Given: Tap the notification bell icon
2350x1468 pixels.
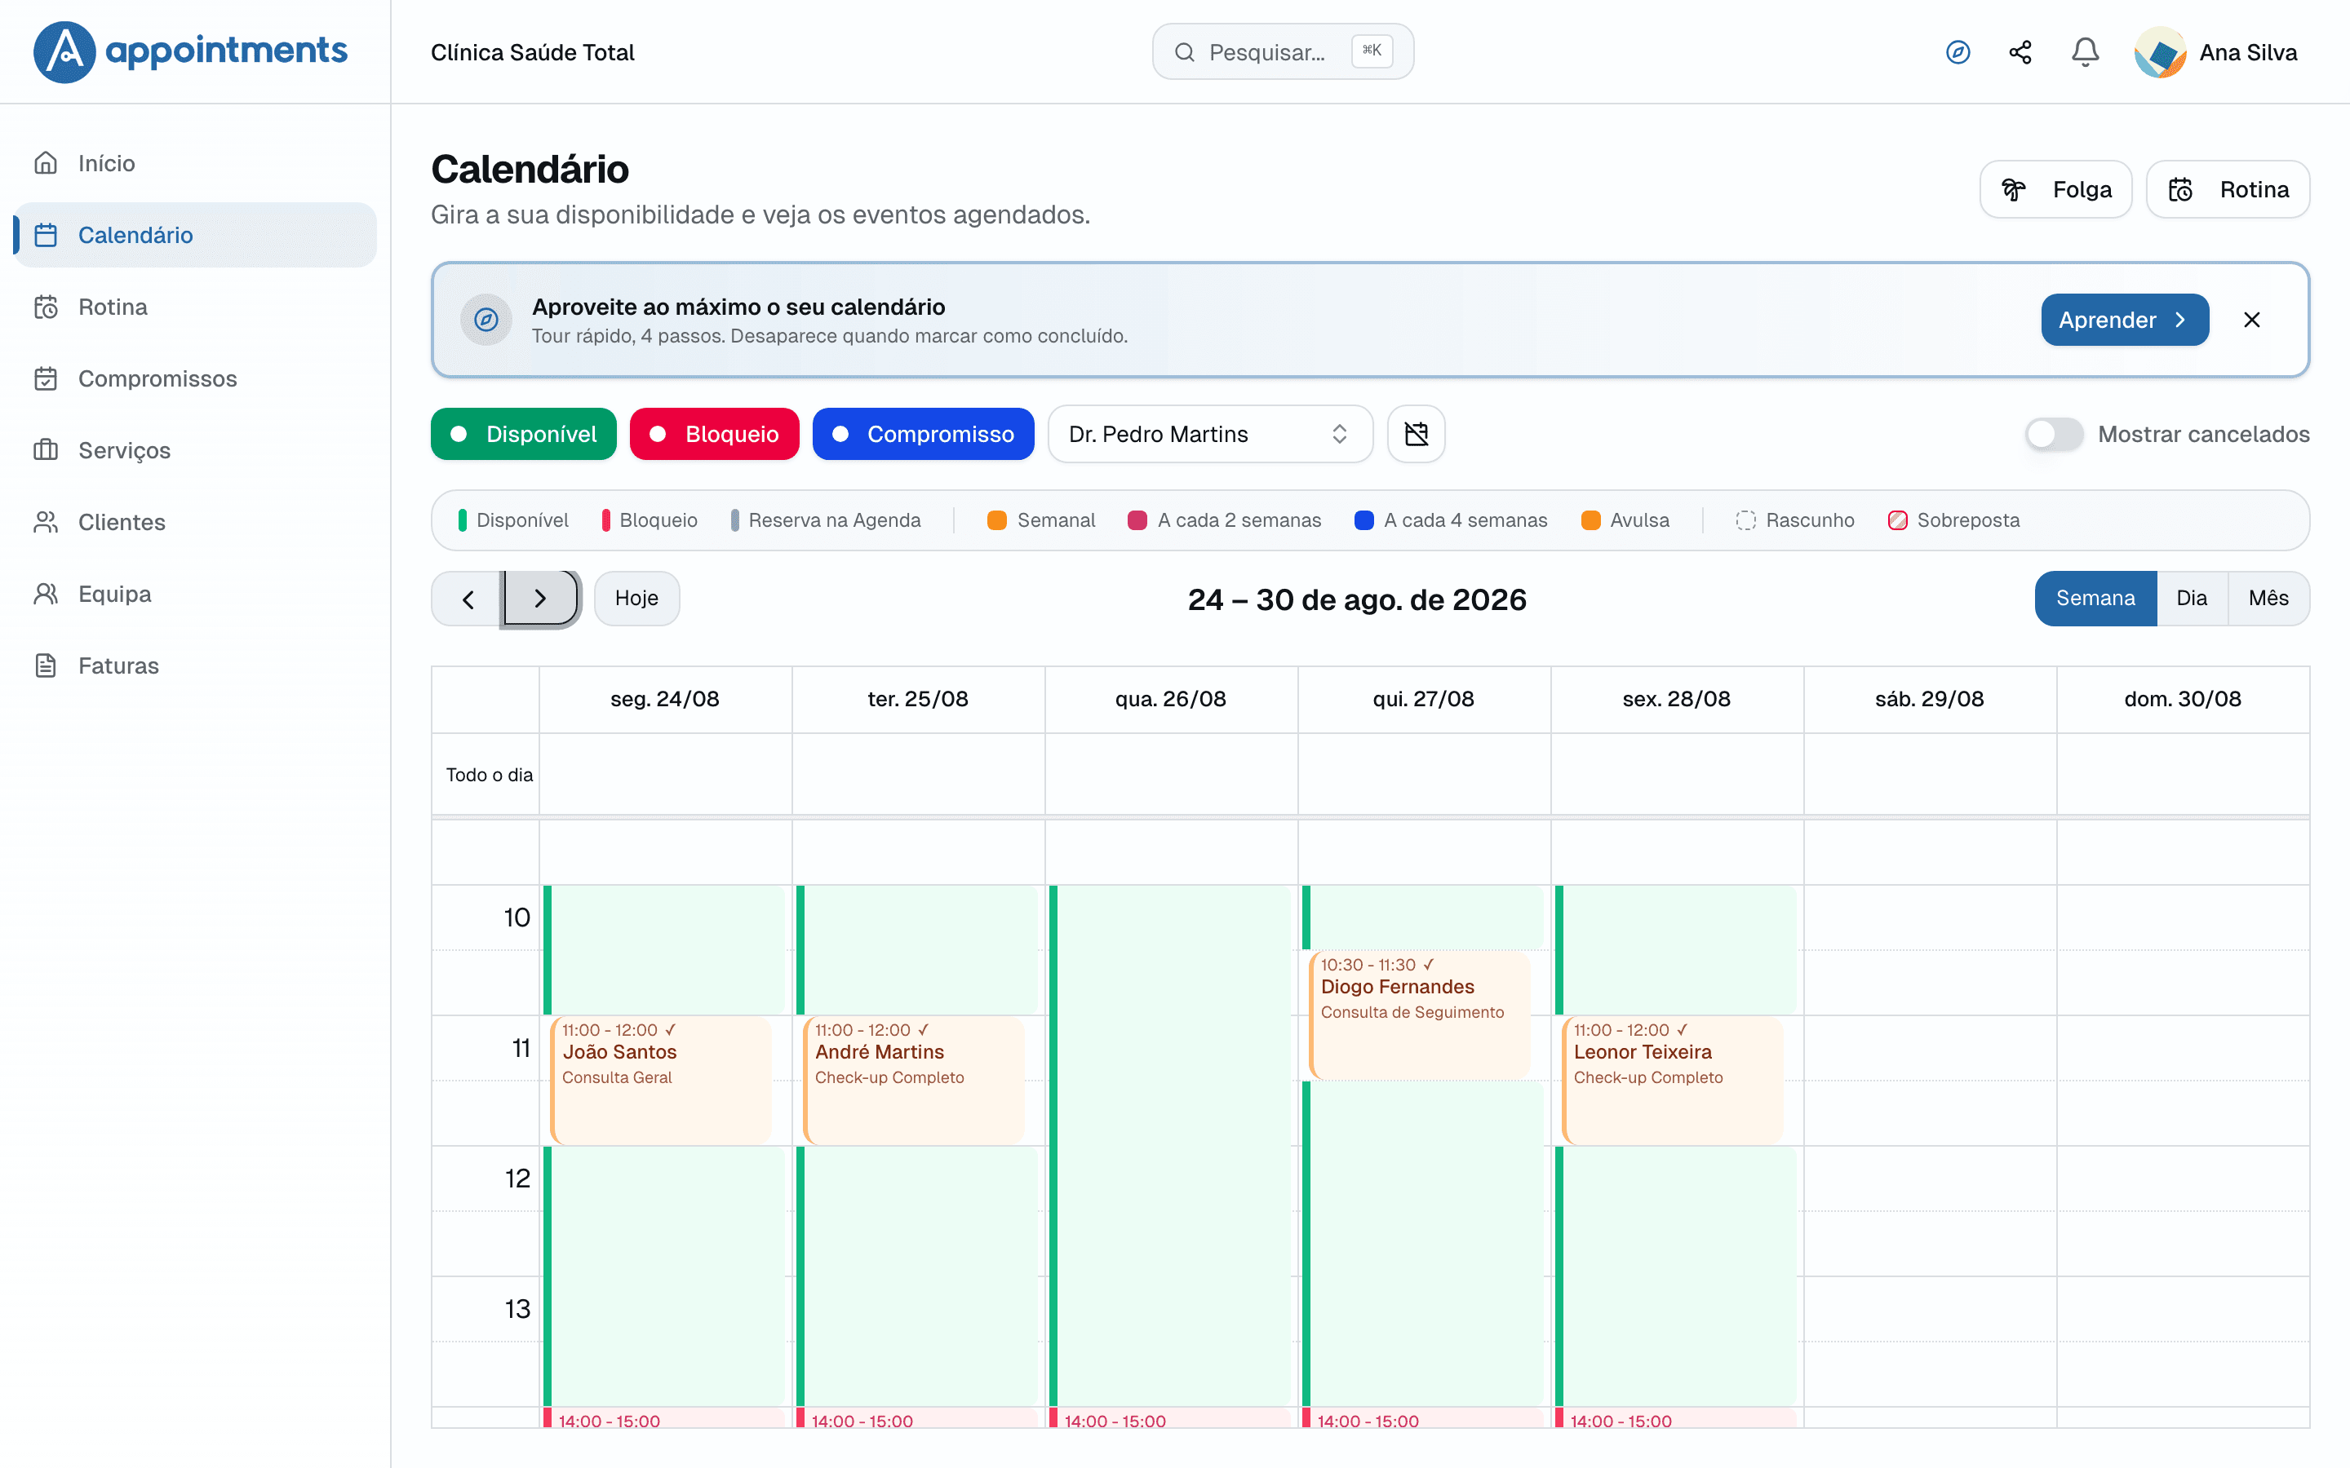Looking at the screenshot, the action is (2085, 51).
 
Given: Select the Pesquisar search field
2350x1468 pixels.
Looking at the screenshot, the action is (1282, 51).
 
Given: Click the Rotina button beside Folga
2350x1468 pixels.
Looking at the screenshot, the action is (2228, 189).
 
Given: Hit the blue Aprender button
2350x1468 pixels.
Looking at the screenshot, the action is (2125, 320).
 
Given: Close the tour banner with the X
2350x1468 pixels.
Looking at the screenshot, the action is (2252, 320).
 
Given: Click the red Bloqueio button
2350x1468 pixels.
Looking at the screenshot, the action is (714, 434).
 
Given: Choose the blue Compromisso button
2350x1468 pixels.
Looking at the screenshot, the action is (923, 434).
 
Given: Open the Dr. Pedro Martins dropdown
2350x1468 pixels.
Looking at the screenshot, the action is (1210, 434).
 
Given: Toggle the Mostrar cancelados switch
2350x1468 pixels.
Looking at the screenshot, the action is (2054, 434).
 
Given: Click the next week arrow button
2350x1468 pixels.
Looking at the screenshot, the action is (541, 598).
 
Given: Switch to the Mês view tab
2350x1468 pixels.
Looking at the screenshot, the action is (2268, 598).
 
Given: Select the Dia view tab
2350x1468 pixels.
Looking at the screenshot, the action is (2192, 598).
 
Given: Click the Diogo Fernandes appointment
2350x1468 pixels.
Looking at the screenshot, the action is (1420, 1015).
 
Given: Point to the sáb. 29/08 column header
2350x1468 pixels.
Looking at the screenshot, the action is (1930, 699).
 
